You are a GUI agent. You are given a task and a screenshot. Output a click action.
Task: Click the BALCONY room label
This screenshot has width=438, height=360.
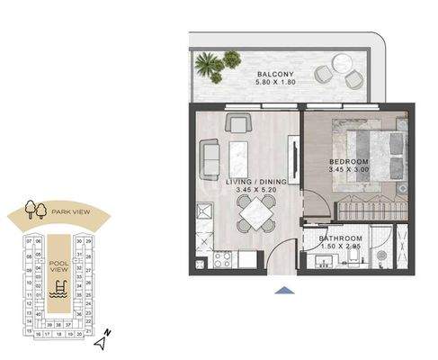[x=272, y=75]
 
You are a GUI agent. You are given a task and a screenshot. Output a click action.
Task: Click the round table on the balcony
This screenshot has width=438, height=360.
[x=342, y=63]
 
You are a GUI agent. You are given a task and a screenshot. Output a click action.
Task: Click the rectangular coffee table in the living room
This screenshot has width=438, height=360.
[x=240, y=157]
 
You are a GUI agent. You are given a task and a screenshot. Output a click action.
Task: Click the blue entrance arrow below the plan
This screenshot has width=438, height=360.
[x=285, y=291]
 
